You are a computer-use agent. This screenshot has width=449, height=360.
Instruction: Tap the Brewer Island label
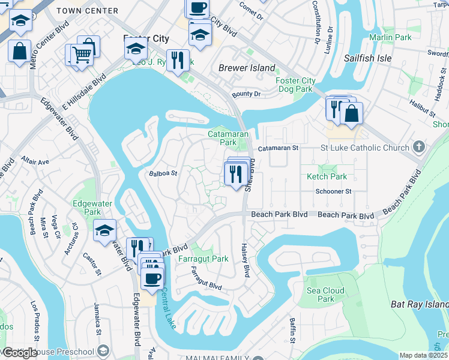pos(247,68)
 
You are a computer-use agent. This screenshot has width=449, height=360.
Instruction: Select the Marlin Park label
pos(390,37)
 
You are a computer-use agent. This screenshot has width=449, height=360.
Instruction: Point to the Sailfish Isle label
pos(367,58)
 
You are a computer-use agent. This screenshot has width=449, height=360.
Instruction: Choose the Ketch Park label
pos(327,176)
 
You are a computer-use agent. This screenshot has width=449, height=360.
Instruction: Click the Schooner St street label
pos(334,191)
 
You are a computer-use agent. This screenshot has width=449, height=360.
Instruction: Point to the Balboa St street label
pos(163,173)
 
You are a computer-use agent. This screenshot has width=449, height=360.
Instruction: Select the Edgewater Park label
pos(92,208)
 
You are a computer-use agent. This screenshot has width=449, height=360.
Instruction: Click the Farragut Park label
pos(203,259)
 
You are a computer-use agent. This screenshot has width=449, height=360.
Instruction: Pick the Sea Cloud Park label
pos(325,295)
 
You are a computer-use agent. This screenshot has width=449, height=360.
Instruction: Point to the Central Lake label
pos(170,306)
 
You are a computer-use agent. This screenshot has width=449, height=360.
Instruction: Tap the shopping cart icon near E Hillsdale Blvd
pos(81,56)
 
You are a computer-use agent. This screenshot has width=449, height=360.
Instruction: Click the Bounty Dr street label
pos(246,94)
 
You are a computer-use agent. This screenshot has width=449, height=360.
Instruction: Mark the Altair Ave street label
pos(35,161)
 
